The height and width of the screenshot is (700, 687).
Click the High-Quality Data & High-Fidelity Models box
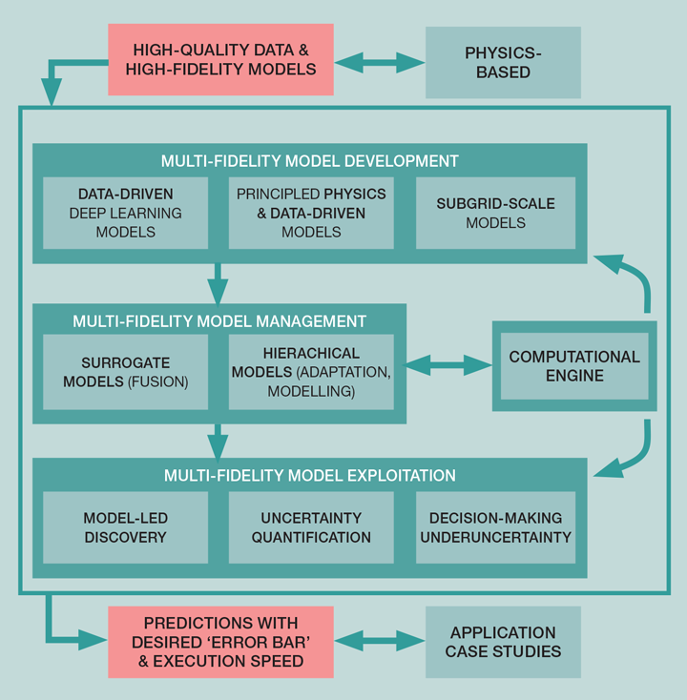(220, 59)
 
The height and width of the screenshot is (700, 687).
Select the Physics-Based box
(503, 61)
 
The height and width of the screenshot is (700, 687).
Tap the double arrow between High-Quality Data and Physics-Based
(380, 62)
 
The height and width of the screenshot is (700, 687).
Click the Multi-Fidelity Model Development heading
(309, 160)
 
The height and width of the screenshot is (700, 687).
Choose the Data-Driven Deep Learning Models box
(125, 213)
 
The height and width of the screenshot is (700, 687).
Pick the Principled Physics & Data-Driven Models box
(312, 213)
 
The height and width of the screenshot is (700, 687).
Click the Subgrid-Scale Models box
(495, 213)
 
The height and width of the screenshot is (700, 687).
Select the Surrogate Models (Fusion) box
(125, 372)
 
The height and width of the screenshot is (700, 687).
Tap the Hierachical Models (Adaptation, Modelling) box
(312, 372)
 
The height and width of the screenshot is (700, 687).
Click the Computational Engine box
(574, 365)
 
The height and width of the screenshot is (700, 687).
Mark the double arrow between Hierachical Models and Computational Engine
(448, 363)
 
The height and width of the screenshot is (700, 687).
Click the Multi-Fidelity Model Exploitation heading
(309, 475)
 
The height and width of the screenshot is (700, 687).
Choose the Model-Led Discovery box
(125, 527)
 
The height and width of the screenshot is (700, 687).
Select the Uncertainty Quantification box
(312, 527)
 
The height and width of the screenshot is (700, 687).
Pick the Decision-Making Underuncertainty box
(495, 527)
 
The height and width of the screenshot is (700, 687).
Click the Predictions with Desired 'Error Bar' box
(220, 642)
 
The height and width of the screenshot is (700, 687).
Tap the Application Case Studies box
(503, 642)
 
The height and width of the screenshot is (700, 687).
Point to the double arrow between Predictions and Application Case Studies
(380, 641)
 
